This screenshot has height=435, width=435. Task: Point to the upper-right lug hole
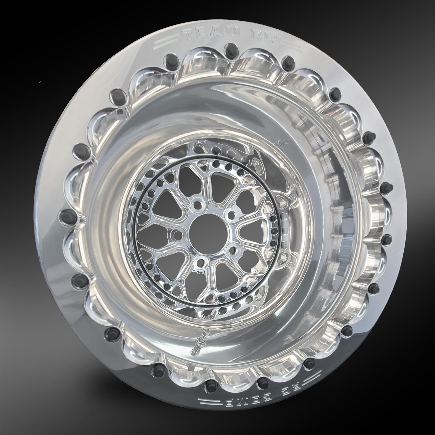click(x=231, y=214)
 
